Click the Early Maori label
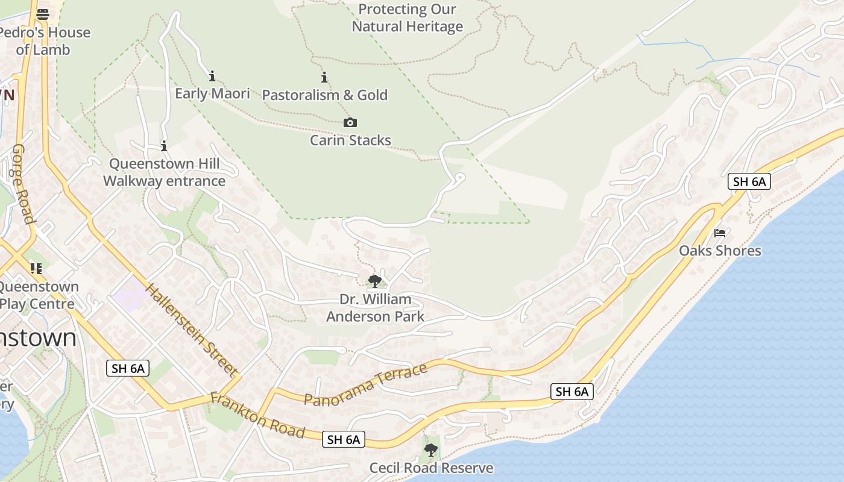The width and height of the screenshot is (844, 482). pyautogui.click(x=212, y=93)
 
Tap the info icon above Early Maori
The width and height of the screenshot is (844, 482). pyautogui.click(x=212, y=77)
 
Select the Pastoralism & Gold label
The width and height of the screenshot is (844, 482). pyautogui.click(x=324, y=95)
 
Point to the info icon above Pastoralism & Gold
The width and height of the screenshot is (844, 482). pyautogui.click(x=324, y=78)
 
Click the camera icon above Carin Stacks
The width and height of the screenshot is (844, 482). pyautogui.click(x=350, y=123)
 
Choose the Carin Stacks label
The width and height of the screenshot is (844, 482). pyautogui.click(x=350, y=140)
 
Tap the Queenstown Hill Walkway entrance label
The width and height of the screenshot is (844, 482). pyautogui.click(x=164, y=172)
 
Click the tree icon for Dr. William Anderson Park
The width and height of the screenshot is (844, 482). pyautogui.click(x=375, y=281)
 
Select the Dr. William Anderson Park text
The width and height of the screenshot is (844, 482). pyautogui.click(x=375, y=308)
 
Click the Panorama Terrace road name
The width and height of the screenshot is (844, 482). pyautogui.click(x=366, y=385)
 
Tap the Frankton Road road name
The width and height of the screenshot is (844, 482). pyautogui.click(x=257, y=415)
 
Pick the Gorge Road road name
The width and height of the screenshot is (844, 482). pyautogui.click(x=23, y=184)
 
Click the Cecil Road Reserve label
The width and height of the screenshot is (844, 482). pyautogui.click(x=431, y=468)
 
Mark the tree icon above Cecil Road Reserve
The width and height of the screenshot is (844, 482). pyautogui.click(x=431, y=449)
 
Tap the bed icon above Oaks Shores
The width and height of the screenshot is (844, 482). pyautogui.click(x=720, y=233)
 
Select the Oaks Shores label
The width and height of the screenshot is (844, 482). pyautogui.click(x=720, y=251)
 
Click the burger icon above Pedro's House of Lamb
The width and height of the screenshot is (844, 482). pyautogui.click(x=43, y=14)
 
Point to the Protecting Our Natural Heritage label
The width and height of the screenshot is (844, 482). pyautogui.click(x=408, y=18)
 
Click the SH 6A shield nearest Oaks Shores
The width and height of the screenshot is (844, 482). pyautogui.click(x=749, y=181)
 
